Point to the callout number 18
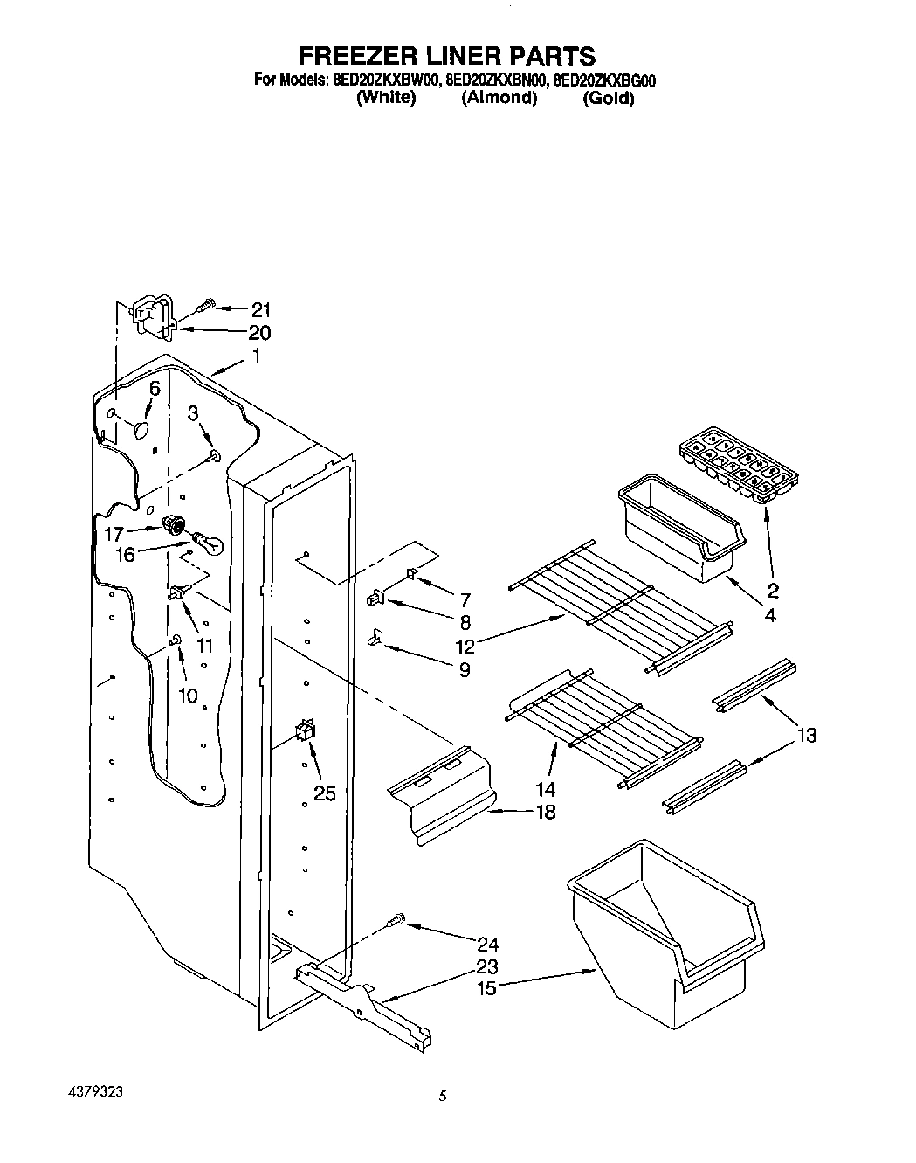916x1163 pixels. (544, 813)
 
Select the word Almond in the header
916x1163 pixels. (499, 98)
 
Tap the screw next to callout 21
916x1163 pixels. (207, 305)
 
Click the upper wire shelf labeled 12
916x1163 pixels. (620, 605)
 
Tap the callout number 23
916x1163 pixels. (488, 966)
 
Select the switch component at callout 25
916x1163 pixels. (306, 730)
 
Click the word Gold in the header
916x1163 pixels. (608, 98)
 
